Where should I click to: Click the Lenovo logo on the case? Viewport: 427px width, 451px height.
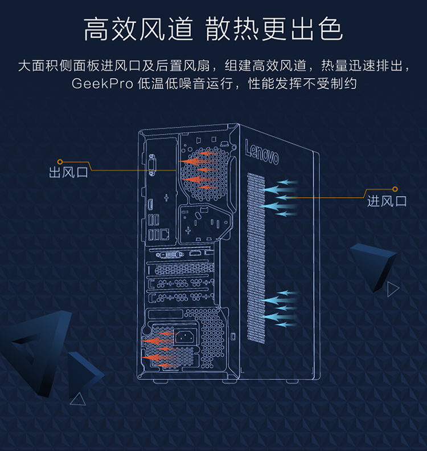click(x=261, y=152)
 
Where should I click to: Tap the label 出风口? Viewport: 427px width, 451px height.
click(x=68, y=172)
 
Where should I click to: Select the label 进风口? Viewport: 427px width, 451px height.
click(x=387, y=201)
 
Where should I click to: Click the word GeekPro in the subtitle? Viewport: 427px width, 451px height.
click(x=102, y=84)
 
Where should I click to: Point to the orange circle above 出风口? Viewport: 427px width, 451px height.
click(x=60, y=162)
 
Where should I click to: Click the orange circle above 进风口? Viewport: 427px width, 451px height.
click(x=395, y=189)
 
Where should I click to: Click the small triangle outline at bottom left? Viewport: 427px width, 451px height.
click(x=78, y=399)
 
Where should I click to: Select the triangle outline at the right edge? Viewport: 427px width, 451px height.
click(x=393, y=289)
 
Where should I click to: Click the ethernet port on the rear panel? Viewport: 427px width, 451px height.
click(x=165, y=234)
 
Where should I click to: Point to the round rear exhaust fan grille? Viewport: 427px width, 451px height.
click(x=204, y=174)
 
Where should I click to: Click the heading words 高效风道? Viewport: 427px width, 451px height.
click(x=138, y=29)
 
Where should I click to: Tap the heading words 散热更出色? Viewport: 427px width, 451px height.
click(x=274, y=29)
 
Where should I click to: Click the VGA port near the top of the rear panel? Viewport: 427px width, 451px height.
click(x=153, y=165)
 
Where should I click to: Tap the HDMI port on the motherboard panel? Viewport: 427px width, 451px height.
click(x=150, y=205)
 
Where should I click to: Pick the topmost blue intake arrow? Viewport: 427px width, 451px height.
click(x=287, y=182)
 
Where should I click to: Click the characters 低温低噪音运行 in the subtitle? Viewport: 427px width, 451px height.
click(x=185, y=84)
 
